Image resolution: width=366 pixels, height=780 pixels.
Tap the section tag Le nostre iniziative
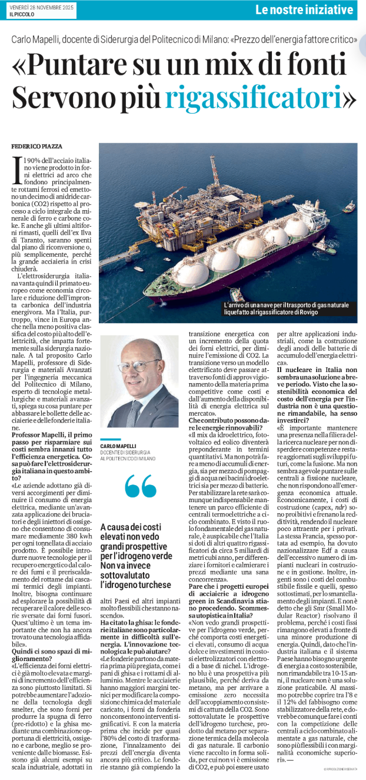pyautogui.click(x=305, y=9)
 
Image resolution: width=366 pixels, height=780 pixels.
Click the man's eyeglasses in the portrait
pyautogui.click(x=139, y=366)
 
